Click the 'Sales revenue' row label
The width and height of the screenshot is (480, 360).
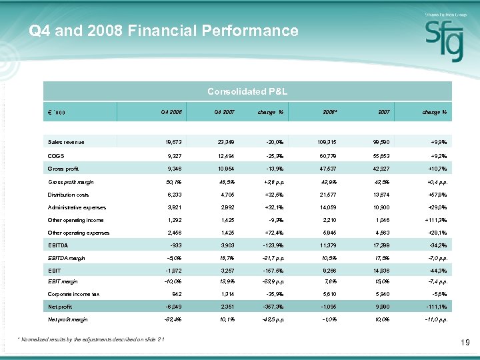(66, 142)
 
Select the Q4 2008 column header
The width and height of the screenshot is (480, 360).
(172, 112)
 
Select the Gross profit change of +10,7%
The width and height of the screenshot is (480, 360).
(435, 169)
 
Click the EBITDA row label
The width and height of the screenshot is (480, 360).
(57, 245)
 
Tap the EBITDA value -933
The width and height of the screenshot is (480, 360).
(175, 245)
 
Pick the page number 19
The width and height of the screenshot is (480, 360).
(465, 343)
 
